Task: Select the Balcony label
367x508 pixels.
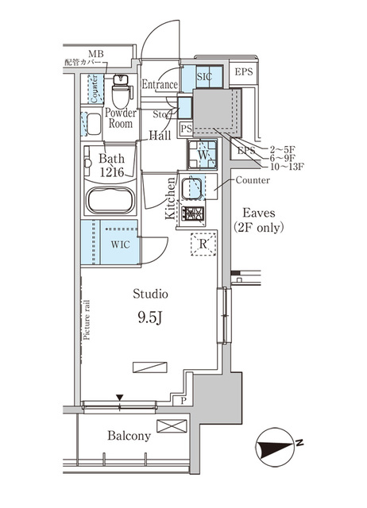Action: click(129, 436)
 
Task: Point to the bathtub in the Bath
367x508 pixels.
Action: click(111, 199)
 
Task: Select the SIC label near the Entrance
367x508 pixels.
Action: click(203, 77)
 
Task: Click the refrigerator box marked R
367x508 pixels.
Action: click(203, 244)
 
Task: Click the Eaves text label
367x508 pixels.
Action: click(258, 212)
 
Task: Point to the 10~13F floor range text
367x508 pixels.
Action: click(287, 167)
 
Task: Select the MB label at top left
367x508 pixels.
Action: click(95, 53)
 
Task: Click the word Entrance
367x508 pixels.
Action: click(160, 84)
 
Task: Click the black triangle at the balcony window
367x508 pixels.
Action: click(120, 397)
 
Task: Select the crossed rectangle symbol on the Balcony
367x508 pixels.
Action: click(171, 426)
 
